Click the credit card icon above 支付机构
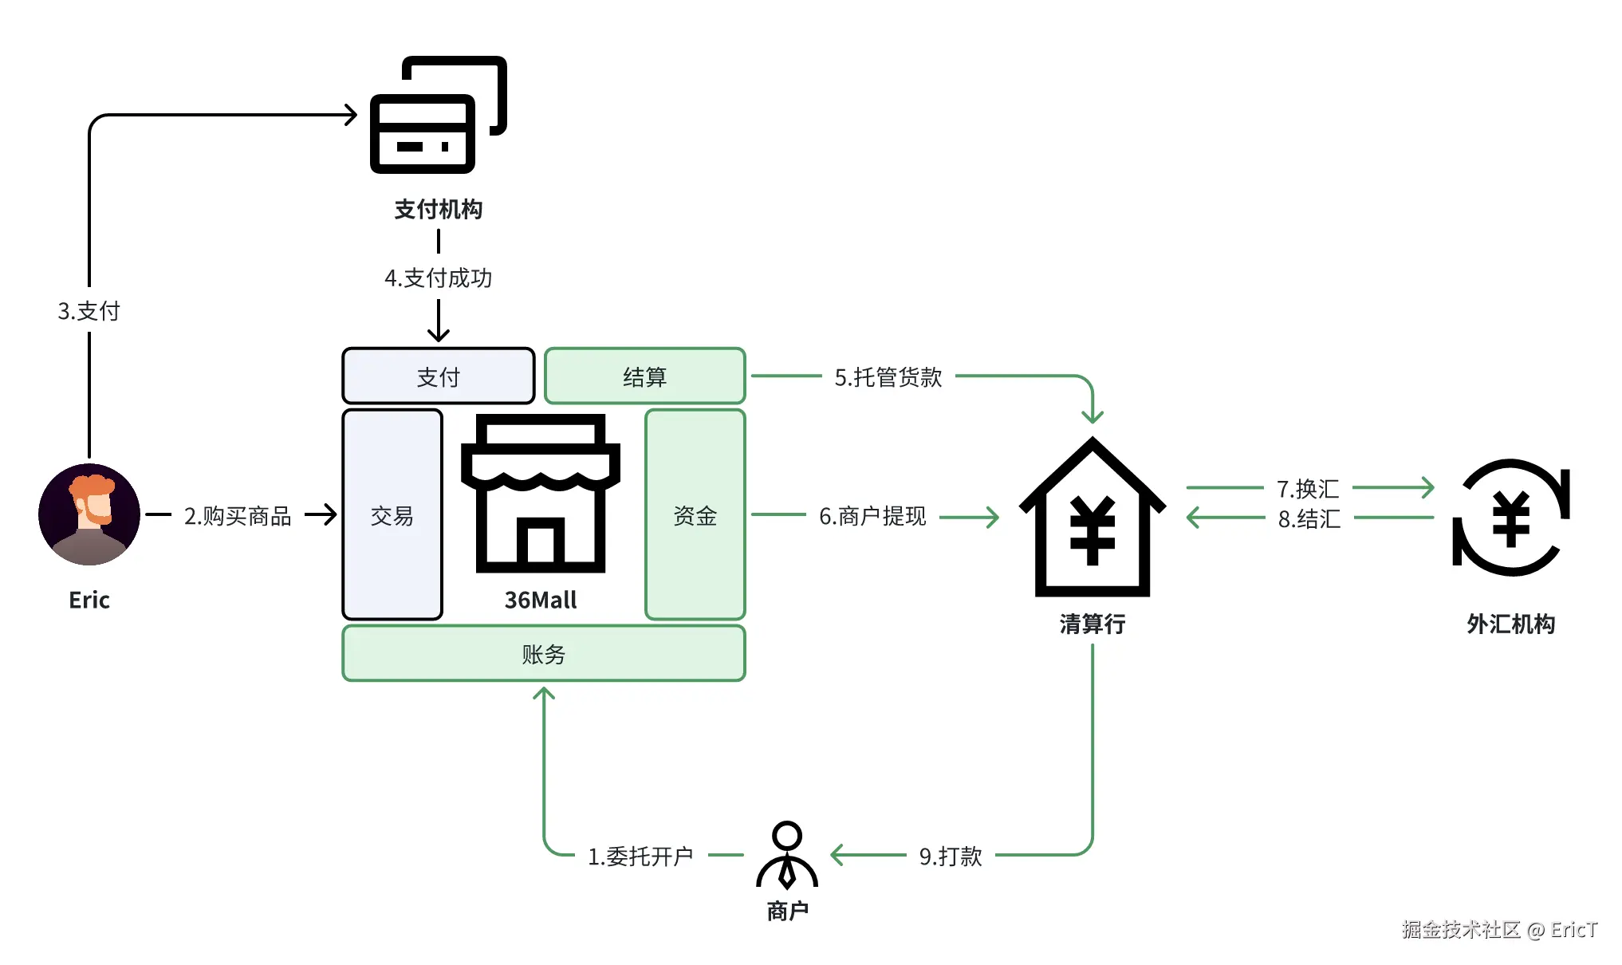(437, 115)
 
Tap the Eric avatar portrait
(89, 514)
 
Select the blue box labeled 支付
(438, 376)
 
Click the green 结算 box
(644, 376)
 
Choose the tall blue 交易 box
(392, 515)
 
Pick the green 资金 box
(695, 515)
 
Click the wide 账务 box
(543, 654)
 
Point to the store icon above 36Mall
(541, 494)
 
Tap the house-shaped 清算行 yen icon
(1092, 518)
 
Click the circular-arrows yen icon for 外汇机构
(1510, 518)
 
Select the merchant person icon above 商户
(786, 855)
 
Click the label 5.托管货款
(888, 377)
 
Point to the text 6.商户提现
(872, 516)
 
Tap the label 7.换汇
(1307, 488)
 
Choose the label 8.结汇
(1309, 519)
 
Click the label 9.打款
(950, 856)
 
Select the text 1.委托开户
(640, 856)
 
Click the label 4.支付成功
(438, 278)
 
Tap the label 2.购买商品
(238, 516)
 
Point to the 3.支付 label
(89, 311)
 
